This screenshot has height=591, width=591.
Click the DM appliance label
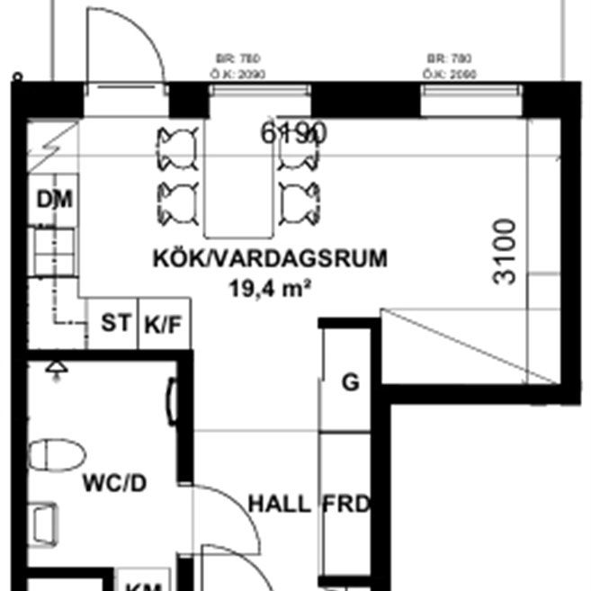pos(54,200)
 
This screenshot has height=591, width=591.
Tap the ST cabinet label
pos(114,323)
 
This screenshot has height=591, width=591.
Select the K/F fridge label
pos(164,325)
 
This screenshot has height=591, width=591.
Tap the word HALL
pos(279,504)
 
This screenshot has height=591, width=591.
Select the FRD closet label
pos(346,504)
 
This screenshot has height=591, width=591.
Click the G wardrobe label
pos(350,382)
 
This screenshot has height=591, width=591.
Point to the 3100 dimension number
pos(506,251)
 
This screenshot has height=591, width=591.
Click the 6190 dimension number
pos(292,133)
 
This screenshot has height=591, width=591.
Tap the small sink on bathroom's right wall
pos(171,396)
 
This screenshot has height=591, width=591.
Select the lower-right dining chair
pos(300,203)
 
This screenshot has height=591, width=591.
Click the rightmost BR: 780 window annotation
pos(450,59)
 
